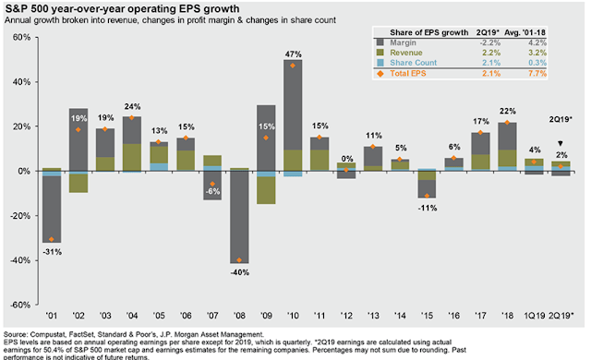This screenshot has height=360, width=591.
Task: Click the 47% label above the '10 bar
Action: click(294, 54)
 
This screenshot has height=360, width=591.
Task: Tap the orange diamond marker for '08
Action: click(239, 259)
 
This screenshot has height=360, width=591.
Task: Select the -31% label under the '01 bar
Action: click(52, 252)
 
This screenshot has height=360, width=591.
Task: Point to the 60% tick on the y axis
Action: click(22, 37)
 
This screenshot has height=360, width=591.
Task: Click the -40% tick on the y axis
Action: click(20, 260)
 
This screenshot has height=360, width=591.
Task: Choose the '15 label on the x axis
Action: click(427, 316)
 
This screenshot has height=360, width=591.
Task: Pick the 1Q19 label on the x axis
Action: click(534, 316)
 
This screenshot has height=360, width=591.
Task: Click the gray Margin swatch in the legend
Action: click(380, 42)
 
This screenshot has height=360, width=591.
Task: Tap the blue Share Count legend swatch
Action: click(380, 63)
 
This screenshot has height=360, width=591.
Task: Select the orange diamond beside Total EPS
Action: click(380, 74)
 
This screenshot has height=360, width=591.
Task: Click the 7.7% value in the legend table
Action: click(537, 74)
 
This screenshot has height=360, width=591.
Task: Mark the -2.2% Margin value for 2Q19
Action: click(490, 42)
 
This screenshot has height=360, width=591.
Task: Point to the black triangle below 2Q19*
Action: click(561, 143)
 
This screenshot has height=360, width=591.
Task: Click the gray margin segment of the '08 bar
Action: click(239, 217)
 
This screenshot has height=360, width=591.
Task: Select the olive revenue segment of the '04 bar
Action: click(132, 158)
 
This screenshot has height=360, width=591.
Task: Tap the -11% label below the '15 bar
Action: click(428, 208)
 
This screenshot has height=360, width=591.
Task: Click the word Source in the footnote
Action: click(16, 334)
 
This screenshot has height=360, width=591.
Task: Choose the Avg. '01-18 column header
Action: click(525, 32)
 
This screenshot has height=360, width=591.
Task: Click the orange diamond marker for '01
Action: click(52, 239)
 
